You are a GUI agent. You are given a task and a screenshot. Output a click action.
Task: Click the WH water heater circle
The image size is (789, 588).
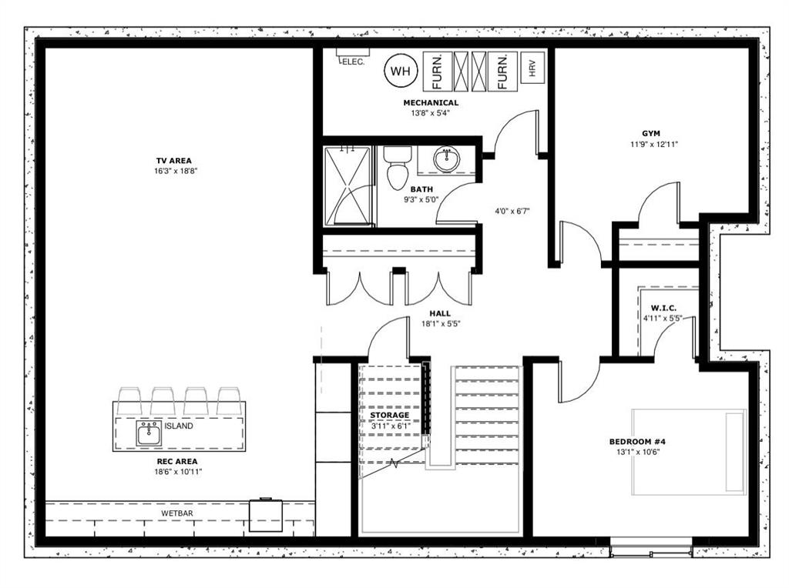point(401,71)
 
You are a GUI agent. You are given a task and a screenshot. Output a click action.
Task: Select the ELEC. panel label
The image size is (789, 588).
point(353,62)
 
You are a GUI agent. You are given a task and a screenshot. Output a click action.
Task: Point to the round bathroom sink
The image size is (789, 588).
point(446,160)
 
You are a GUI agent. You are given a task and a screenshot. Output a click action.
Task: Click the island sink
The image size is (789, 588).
point(149,433)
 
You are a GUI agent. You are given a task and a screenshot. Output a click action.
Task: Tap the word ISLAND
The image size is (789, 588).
point(179,426)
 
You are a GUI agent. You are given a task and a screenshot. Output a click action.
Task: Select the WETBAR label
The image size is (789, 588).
point(177,513)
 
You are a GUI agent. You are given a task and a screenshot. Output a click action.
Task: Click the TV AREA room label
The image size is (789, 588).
point(173,161)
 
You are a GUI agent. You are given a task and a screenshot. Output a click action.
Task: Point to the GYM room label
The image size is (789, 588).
point(650,134)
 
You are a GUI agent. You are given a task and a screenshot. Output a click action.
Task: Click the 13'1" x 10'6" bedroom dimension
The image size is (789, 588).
point(637,451)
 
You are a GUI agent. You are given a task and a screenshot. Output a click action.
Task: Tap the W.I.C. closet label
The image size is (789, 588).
point(663,308)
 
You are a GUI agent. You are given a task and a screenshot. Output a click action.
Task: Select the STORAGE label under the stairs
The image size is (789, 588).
point(389,415)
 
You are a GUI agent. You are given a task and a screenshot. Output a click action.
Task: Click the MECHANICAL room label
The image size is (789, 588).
point(431,103)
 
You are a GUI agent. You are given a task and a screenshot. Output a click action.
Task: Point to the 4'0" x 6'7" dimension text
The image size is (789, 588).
point(512,211)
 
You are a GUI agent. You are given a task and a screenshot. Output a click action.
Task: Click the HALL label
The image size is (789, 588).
point(440,313)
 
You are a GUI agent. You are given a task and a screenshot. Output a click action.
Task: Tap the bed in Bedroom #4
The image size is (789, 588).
point(689,452)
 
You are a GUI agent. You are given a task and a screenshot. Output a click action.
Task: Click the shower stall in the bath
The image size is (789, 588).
point(347,186)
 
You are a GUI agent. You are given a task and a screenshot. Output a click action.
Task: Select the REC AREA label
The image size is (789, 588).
point(177,461)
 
